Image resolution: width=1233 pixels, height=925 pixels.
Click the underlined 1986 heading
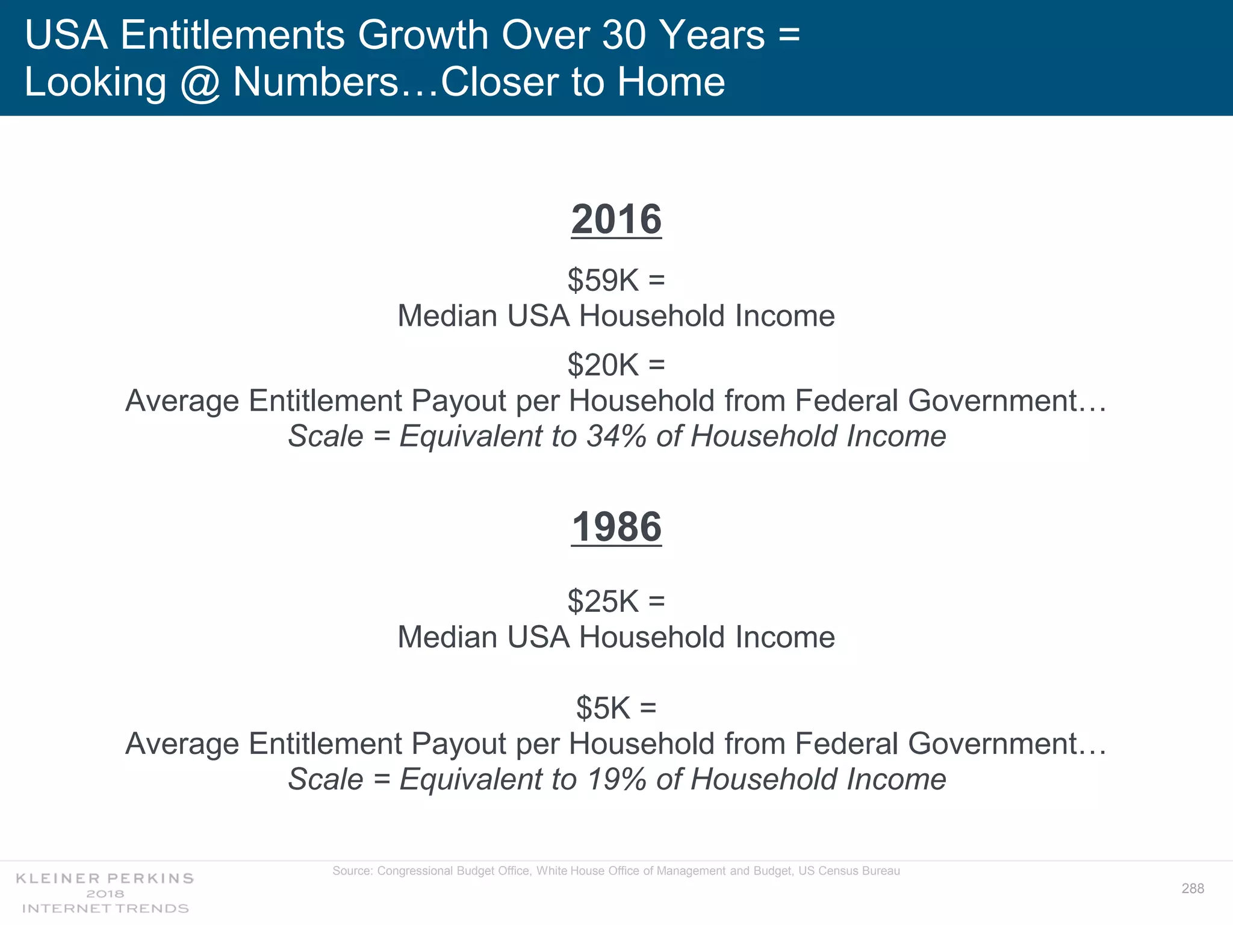coord(616,527)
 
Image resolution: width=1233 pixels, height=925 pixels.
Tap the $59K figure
coord(603,280)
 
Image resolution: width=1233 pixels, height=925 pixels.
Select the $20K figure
coord(603,365)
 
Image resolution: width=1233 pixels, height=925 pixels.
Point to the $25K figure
coord(603,601)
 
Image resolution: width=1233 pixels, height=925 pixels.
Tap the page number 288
coord(1193,888)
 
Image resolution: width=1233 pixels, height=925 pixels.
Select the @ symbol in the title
coord(200,83)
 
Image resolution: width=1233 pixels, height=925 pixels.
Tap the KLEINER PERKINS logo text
coord(105,878)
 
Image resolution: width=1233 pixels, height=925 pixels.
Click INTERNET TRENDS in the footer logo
coord(105,908)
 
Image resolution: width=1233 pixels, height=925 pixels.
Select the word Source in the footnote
coord(352,871)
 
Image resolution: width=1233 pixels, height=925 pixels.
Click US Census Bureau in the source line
coord(849,871)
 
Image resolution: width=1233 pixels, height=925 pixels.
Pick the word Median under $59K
coord(447,316)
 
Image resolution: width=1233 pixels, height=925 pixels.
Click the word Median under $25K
coord(447,637)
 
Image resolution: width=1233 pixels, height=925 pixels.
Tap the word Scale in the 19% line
coord(325,779)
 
